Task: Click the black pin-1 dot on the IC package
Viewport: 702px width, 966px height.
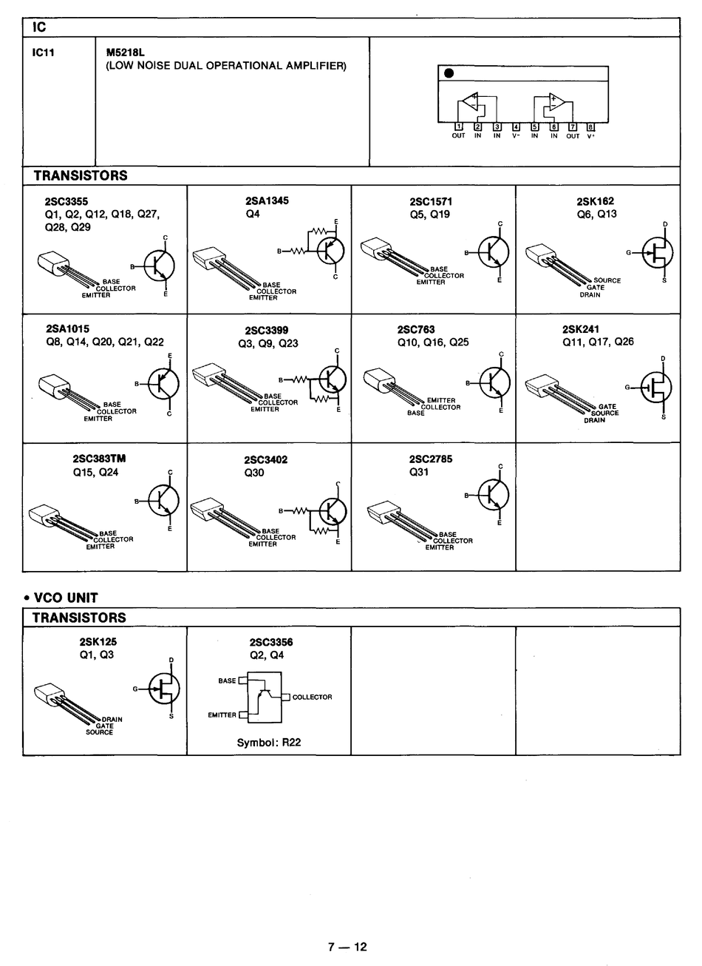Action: tap(448, 73)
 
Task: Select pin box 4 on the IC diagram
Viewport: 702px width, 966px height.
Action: tap(516, 126)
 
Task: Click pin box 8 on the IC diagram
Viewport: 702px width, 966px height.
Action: tap(590, 126)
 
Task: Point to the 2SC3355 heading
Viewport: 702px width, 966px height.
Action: tap(66, 201)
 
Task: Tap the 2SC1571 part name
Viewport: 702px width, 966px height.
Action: tap(431, 201)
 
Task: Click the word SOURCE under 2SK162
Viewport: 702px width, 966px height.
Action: tap(607, 281)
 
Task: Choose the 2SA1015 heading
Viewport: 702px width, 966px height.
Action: tap(67, 329)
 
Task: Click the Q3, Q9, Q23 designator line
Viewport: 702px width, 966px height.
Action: tap(267, 343)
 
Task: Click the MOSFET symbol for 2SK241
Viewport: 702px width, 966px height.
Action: tap(655, 386)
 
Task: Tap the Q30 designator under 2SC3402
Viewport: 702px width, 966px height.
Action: tap(254, 473)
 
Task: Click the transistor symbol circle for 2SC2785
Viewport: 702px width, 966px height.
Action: tap(493, 494)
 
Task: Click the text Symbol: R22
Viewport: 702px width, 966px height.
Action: tap(268, 743)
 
